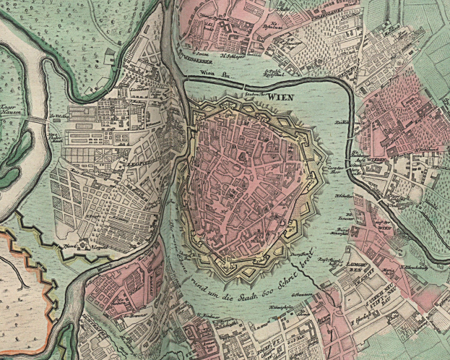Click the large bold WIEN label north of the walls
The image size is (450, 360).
click(282, 94)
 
